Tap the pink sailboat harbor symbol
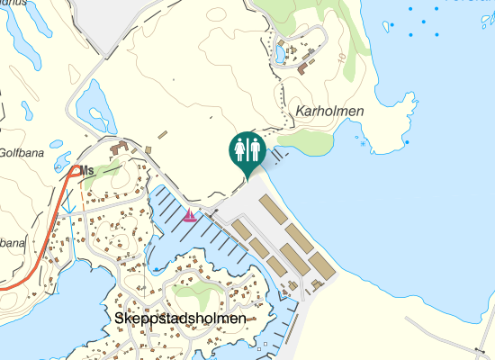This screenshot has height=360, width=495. tap(190, 216)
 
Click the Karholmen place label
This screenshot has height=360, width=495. tap(328, 112)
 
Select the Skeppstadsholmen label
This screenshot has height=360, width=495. tap(181, 319)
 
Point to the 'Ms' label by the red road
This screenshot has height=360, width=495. tap(87, 171)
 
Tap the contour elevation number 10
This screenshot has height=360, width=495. tap(342, 57)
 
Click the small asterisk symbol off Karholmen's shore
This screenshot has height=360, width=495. tap(362, 143)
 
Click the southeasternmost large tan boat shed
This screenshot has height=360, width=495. tap(322, 265)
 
